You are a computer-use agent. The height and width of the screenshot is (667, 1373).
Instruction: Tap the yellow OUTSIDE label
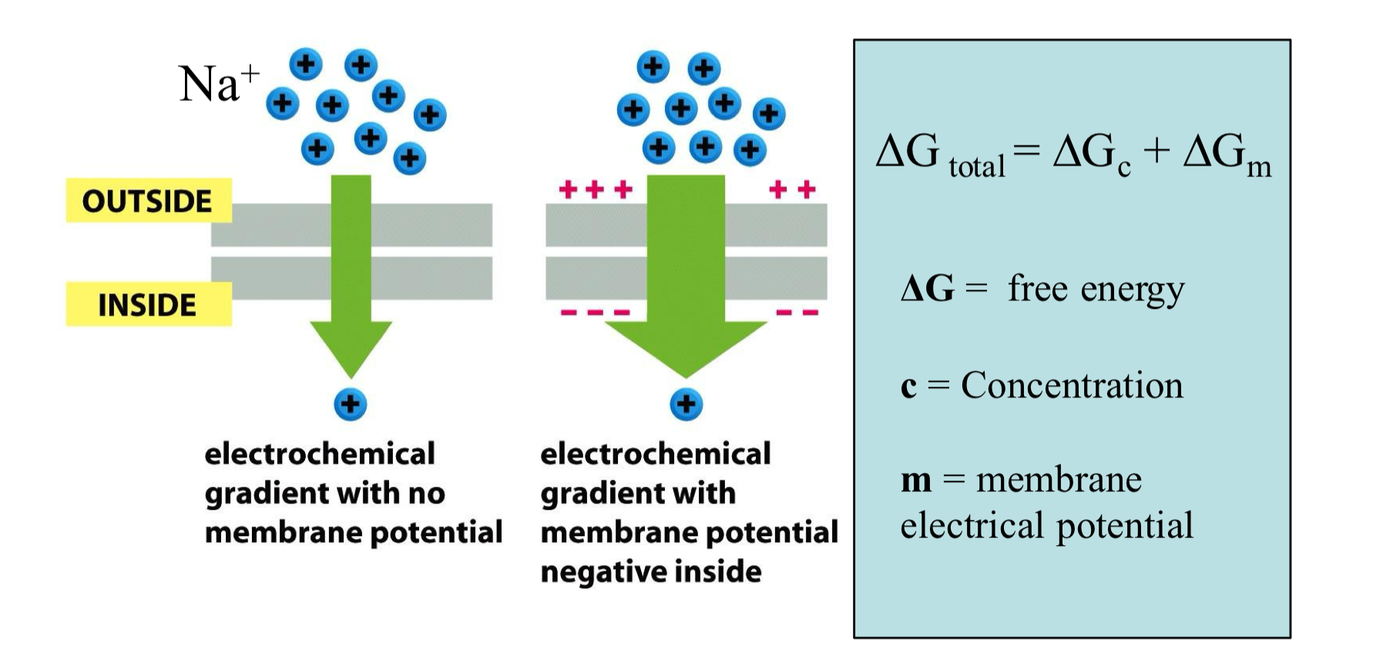(x=147, y=201)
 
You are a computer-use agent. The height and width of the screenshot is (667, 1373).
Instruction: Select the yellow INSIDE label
(x=147, y=305)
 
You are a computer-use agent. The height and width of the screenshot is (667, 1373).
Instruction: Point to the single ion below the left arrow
(x=351, y=404)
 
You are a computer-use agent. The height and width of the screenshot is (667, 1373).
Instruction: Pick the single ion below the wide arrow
(x=686, y=404)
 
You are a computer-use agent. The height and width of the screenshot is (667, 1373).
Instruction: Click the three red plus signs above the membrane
(x=595, y=189)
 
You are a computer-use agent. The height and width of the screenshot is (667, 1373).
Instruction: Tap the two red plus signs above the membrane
(x=792, y=189)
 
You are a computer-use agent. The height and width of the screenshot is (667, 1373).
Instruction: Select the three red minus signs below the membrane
(x=595, y=313)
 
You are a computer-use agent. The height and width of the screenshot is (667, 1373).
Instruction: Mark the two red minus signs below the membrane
(x=797, y=313)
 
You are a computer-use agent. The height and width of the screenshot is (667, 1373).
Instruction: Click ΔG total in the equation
(x=940, y=154)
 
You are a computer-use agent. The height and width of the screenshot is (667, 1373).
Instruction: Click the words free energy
(x=1096, y=290)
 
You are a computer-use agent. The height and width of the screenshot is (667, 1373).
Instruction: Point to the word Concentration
(x=1071, y=385)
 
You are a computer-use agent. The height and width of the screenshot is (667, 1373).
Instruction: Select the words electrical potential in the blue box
(x=1046, y=525)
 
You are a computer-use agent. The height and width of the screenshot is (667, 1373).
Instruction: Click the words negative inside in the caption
(x=651, y=571)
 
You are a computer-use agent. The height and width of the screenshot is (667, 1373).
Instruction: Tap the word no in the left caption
(x=426, y=493)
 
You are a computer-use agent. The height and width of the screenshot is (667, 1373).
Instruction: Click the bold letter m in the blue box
(x=916, y=481)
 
